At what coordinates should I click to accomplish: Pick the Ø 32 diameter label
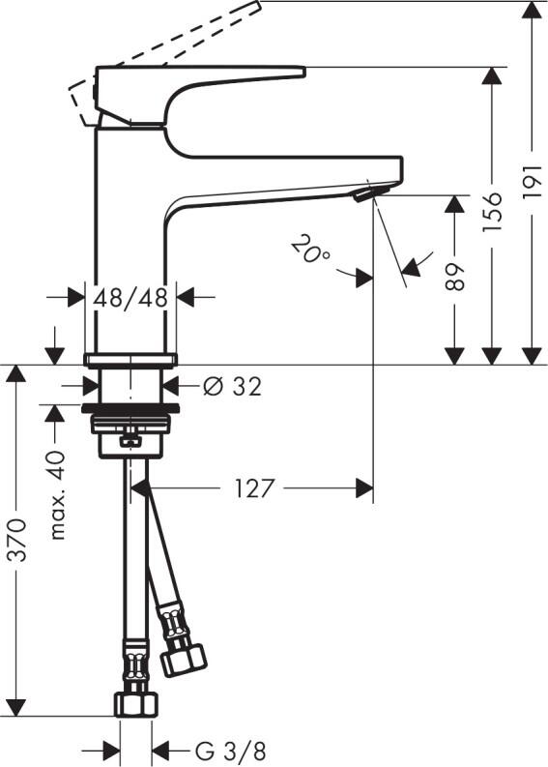coord(233,387)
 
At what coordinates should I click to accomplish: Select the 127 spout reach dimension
coord(254,488)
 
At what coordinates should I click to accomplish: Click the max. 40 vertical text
coord(57,494)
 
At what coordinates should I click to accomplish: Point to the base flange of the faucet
coord(130,361)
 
